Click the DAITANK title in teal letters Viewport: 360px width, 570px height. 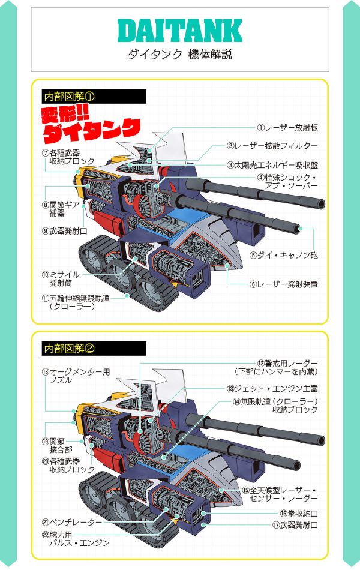179,31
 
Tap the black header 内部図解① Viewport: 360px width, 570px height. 94,97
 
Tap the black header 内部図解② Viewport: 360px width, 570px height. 94,349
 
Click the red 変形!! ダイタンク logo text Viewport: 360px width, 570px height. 91,125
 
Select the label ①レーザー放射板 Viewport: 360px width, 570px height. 287,128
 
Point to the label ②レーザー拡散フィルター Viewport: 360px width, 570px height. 272,146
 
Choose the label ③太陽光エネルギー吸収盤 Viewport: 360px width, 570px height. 272,165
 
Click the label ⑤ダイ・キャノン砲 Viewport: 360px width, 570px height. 284,255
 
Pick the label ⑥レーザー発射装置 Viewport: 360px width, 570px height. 284,284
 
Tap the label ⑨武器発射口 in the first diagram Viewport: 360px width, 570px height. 64,231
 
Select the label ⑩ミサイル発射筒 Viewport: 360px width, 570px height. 61,279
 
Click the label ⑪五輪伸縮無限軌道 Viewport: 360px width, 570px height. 76,302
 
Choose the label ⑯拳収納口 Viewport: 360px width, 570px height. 299,514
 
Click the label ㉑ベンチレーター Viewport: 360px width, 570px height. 71,523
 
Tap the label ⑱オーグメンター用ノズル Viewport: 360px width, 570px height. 76,376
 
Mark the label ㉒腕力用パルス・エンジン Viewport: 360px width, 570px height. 76,539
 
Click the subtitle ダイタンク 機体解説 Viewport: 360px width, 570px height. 179,55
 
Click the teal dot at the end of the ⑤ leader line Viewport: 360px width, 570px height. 301,228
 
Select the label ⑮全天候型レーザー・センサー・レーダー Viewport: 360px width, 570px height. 280,494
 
